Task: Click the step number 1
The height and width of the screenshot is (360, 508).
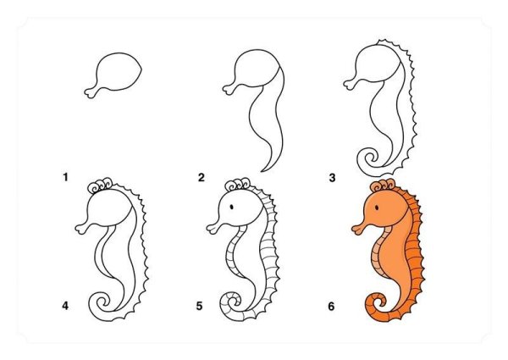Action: click(66, 177)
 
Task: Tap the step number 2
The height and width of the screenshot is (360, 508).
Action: click(202, 178)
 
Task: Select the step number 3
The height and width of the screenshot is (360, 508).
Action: click(332, 178)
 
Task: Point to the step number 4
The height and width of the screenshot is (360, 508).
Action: click(65, 306)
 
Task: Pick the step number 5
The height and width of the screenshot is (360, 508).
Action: click(199, 306)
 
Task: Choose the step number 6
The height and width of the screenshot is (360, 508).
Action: click(331, 306)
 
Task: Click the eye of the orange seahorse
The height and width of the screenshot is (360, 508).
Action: click(377, 208)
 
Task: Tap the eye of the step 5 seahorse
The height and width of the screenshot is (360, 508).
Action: click(232, 207)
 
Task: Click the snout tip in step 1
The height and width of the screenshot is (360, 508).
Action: click(87, 93)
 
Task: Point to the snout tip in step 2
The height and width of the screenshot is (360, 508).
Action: click(226, 89)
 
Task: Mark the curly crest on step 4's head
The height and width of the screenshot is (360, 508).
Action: click(100, 186)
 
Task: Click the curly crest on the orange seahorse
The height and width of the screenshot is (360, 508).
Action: click(383, 186)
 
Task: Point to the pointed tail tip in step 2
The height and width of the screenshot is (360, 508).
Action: click(262, 171)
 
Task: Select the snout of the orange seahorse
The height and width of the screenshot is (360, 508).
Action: click(361, 228)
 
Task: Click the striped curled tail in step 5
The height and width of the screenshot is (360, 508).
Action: click(229, 304)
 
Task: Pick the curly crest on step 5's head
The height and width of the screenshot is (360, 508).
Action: click(237, 186)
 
